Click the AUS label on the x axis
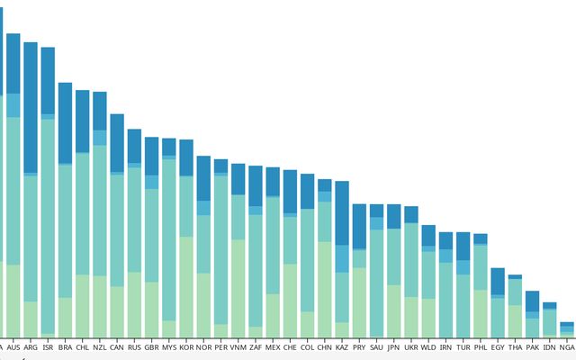(13, 346)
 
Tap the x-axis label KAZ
(342, 346)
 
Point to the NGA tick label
(566, 346)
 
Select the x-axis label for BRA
(65, 346)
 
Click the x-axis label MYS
(169, 346)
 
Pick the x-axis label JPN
(393, 346)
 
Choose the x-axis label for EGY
(498, 346)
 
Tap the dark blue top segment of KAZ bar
(342, 212)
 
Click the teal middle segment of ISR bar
(48, 225)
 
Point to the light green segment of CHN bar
(325, 288)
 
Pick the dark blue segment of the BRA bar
(65, 123)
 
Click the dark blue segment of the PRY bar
(359, 226)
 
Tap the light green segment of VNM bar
(238, 288)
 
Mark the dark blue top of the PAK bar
(532, 301)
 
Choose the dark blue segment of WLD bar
(428, 236)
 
